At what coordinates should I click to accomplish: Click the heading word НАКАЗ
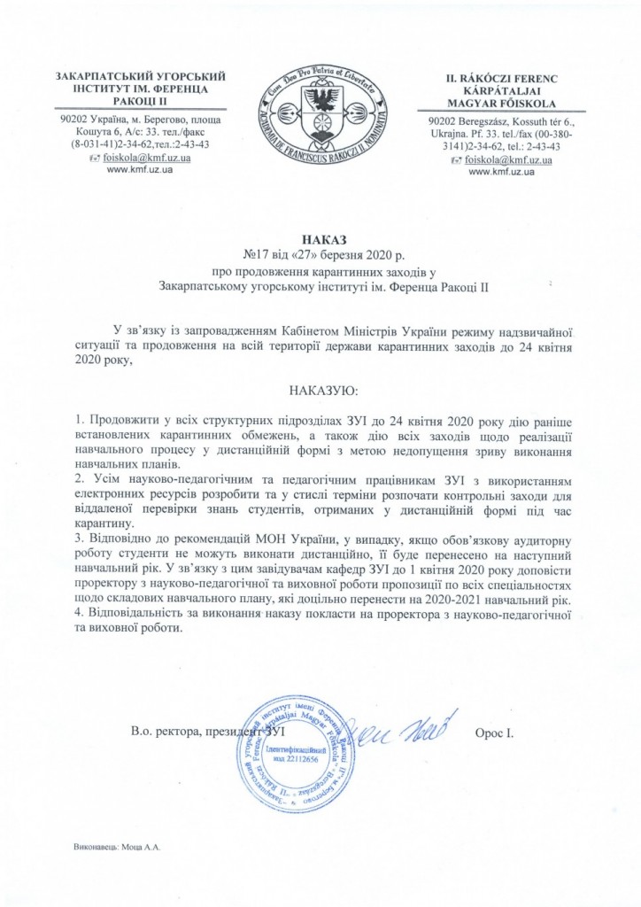[320, 239]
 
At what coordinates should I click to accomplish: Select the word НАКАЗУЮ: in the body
[320, 390]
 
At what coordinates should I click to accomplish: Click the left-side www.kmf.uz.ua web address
[139, 169]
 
